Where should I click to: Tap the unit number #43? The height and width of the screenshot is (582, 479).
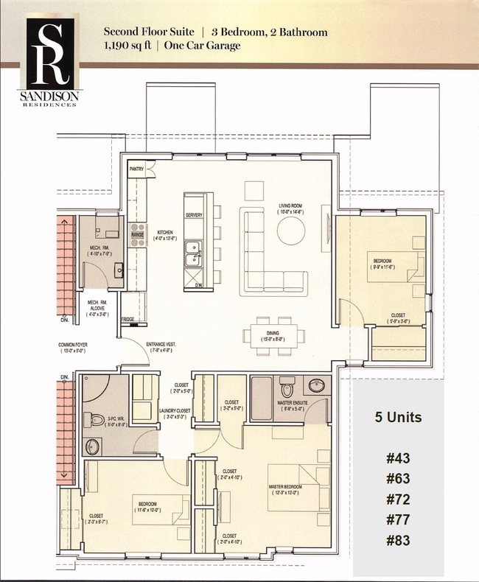pyautogui.click(x=397, y=458)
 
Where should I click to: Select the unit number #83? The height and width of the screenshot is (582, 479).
pyautogui.click(x=397, y=540)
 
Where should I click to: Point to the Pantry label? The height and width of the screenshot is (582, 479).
pyautogui.click(x=136, y=169)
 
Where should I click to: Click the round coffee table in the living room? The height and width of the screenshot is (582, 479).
pyautogui.click(x=291, y=229)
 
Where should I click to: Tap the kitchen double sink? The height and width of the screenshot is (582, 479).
pyautogui.click(x=194, y=253)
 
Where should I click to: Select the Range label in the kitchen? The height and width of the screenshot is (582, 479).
pyautogui.click(x=137, y=235)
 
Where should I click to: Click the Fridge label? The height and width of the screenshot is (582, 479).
pyautogui.click(x=127, y=319)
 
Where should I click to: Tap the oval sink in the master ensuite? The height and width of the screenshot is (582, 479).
pyautogui.click(x=317, y=385)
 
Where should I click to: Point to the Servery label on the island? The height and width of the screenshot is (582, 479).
pyautogui.click(x=194, y=215)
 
